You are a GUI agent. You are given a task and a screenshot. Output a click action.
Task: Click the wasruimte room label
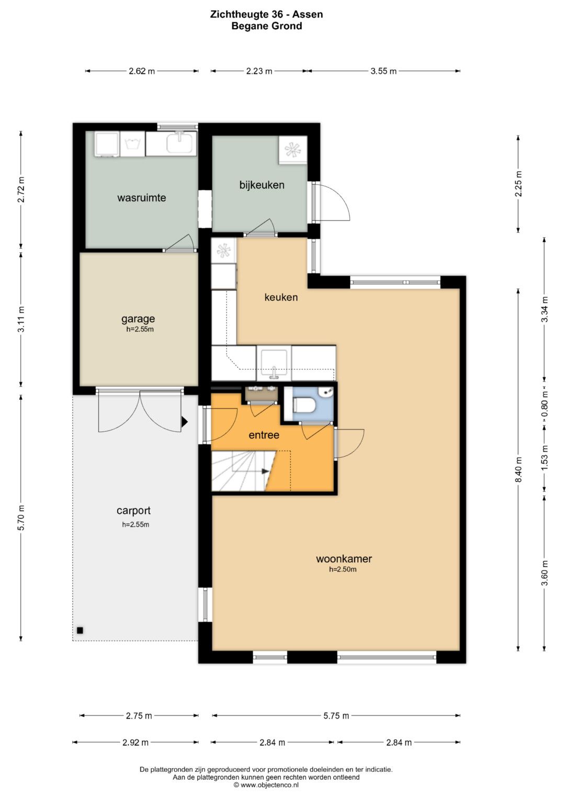[142, 198]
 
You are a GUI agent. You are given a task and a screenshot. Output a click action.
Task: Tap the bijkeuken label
[262, 185]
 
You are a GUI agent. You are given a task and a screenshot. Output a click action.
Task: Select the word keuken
[281, 297]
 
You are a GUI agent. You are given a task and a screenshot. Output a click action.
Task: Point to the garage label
[138, 319]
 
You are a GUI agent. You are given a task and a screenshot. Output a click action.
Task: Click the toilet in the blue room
[304, 405]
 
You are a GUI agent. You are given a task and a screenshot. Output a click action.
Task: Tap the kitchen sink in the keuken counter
[274, 364]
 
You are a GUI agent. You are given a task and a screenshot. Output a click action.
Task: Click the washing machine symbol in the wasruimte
[132, 144]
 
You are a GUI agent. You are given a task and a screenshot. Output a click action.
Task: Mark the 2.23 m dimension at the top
[259, 71]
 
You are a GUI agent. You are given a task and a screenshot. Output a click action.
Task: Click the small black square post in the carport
[80, 631]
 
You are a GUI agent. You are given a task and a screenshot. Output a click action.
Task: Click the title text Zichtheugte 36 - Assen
[266, 14]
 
